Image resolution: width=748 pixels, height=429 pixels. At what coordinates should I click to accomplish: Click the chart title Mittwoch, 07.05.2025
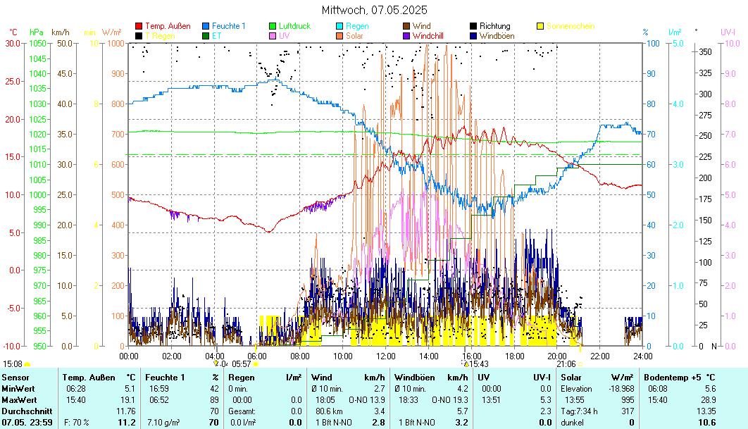(x=374, y=11)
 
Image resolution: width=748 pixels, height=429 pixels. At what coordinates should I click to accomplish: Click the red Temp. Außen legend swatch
(x=139, y=26)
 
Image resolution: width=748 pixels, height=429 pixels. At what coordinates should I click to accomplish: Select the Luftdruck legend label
(x=294, y=26)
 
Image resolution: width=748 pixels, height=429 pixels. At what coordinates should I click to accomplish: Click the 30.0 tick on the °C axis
(x=12, y=43)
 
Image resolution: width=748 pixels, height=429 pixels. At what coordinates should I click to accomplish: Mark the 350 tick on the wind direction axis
(x=704, y=51)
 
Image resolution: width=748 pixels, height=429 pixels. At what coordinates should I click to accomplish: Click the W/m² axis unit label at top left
(x=111, y=32)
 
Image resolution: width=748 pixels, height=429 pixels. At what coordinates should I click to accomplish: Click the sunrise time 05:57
(x=242, y=364)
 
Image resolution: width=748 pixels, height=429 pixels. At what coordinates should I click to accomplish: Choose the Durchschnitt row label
(x=25, y=411)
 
